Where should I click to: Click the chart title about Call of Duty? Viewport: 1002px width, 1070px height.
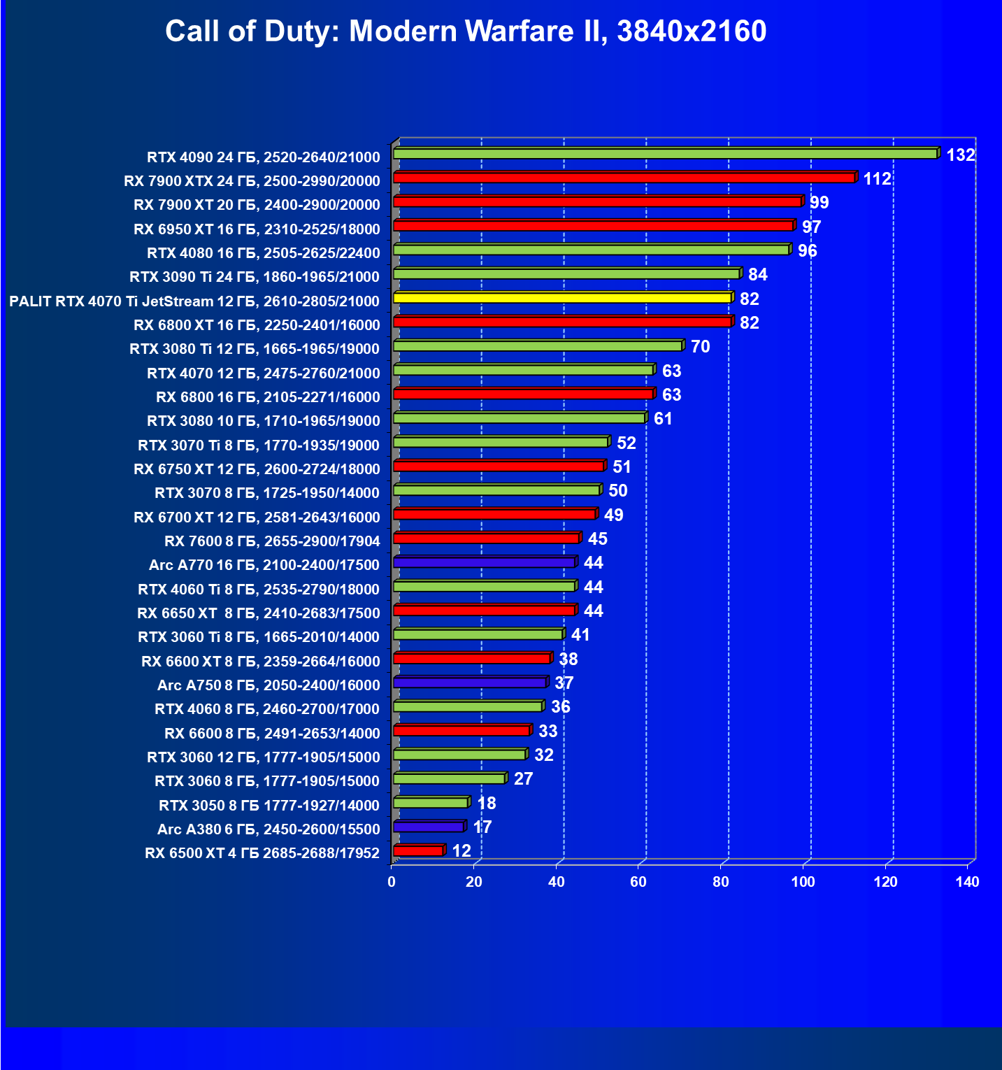coord(466,31)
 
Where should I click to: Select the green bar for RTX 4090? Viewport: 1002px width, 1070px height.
coord(664,153)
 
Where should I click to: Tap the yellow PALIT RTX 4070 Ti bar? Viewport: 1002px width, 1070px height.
coord(563,298)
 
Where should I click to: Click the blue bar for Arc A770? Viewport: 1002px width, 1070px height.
coord(484,562)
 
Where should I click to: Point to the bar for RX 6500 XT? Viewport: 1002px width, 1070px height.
coord(418,851)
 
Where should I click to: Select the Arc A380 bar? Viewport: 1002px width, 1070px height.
coord(428,827)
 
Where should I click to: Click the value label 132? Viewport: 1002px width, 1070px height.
coord(960,155)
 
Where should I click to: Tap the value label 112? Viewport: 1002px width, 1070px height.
coord(877,179)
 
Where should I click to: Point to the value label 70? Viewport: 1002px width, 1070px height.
coord(700,347)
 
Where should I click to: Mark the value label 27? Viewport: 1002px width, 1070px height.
coord(523,779)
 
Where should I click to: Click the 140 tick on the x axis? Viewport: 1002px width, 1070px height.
coord(968,882)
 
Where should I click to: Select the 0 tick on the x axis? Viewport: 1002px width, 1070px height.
coord(392,882)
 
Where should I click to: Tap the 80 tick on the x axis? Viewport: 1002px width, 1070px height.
coord(721,882)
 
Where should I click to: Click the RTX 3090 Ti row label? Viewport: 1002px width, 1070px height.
coord(255,277)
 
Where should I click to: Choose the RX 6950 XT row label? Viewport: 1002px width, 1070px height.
coord(257,229)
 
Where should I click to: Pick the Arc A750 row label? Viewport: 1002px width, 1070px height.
coord(269,685)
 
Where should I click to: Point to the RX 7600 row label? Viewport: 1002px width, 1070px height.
coord(272,541)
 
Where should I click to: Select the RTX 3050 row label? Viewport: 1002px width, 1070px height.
coord(269,806)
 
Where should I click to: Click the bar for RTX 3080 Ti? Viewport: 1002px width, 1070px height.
coord(538,346)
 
